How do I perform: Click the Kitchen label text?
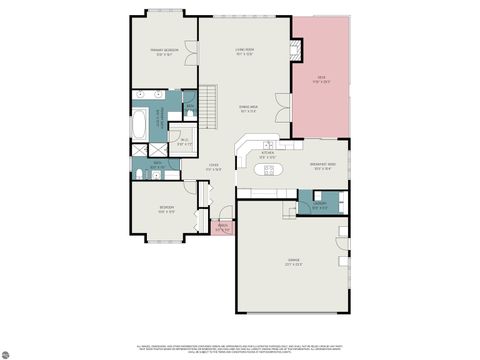coord(266,156)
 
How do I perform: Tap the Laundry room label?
coord(318,207)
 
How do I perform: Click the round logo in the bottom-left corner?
coord(8,352)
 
